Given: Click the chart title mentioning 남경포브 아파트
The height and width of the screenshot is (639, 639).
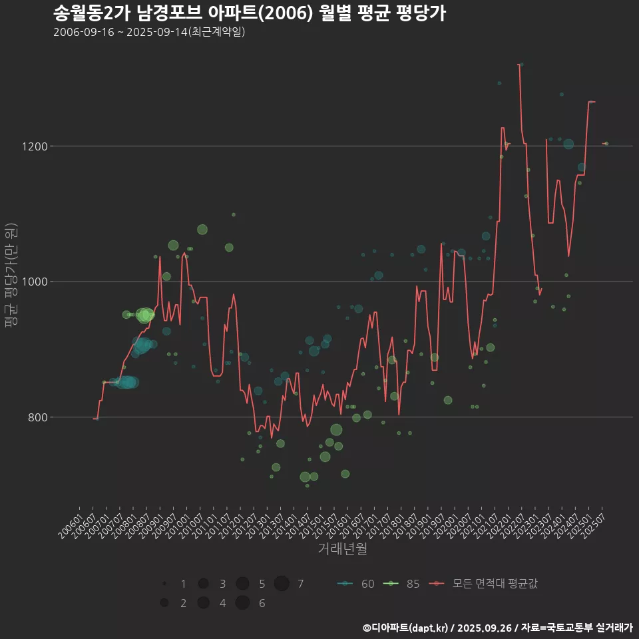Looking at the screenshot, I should click(x=249, y=13).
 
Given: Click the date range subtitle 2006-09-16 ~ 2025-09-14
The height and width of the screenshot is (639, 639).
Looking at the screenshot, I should click(x=149, y=32).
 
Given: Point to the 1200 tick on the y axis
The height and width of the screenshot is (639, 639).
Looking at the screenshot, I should click(x=34, y=146).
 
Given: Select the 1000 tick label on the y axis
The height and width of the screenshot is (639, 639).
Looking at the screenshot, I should click(x=34, y=282).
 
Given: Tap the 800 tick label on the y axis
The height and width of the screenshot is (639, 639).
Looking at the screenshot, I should click(x=37, y=417).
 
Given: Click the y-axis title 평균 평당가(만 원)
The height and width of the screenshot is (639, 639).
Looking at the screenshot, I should click(x=11, y=275).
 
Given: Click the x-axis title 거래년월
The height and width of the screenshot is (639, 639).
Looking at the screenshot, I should click(x=342, y=549).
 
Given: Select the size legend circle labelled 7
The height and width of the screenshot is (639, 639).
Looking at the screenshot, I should click(x=282, y=584).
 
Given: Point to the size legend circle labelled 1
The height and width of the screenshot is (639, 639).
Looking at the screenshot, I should click(x=164, y=584).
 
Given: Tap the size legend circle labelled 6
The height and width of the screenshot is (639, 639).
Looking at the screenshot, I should click(x=242, y=603).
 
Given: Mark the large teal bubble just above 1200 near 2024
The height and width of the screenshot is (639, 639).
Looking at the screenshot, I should click(x=568, y=144).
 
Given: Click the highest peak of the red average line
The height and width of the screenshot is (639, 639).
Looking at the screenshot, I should click(x=519, y=65).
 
